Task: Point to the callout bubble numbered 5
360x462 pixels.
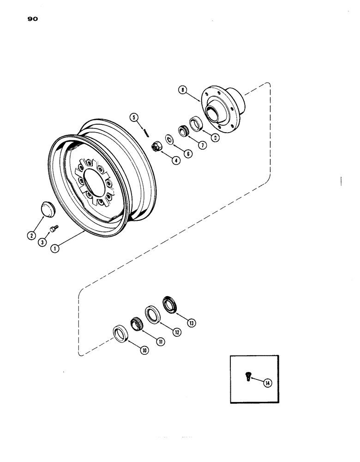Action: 135,117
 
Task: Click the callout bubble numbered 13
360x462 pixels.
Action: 191,323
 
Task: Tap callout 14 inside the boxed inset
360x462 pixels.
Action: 267,382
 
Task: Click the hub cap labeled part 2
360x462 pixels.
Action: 47,208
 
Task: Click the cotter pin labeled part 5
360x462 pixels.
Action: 146,131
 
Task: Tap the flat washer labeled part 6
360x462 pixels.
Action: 169,139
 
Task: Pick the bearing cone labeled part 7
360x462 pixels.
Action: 183,131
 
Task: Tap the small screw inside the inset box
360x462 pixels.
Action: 247,377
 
